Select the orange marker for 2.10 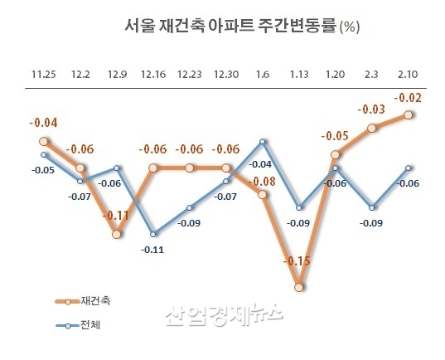[x=409, y=115]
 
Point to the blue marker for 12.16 [x=153, y=234]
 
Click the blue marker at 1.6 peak [x=263, y=141]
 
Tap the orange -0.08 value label [x=264, y=181]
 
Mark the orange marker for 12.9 [x=117, y=235]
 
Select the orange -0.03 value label [x=371, y=109]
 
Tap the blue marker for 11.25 [x=44, y=153]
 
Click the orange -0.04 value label [x=43, y=124]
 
